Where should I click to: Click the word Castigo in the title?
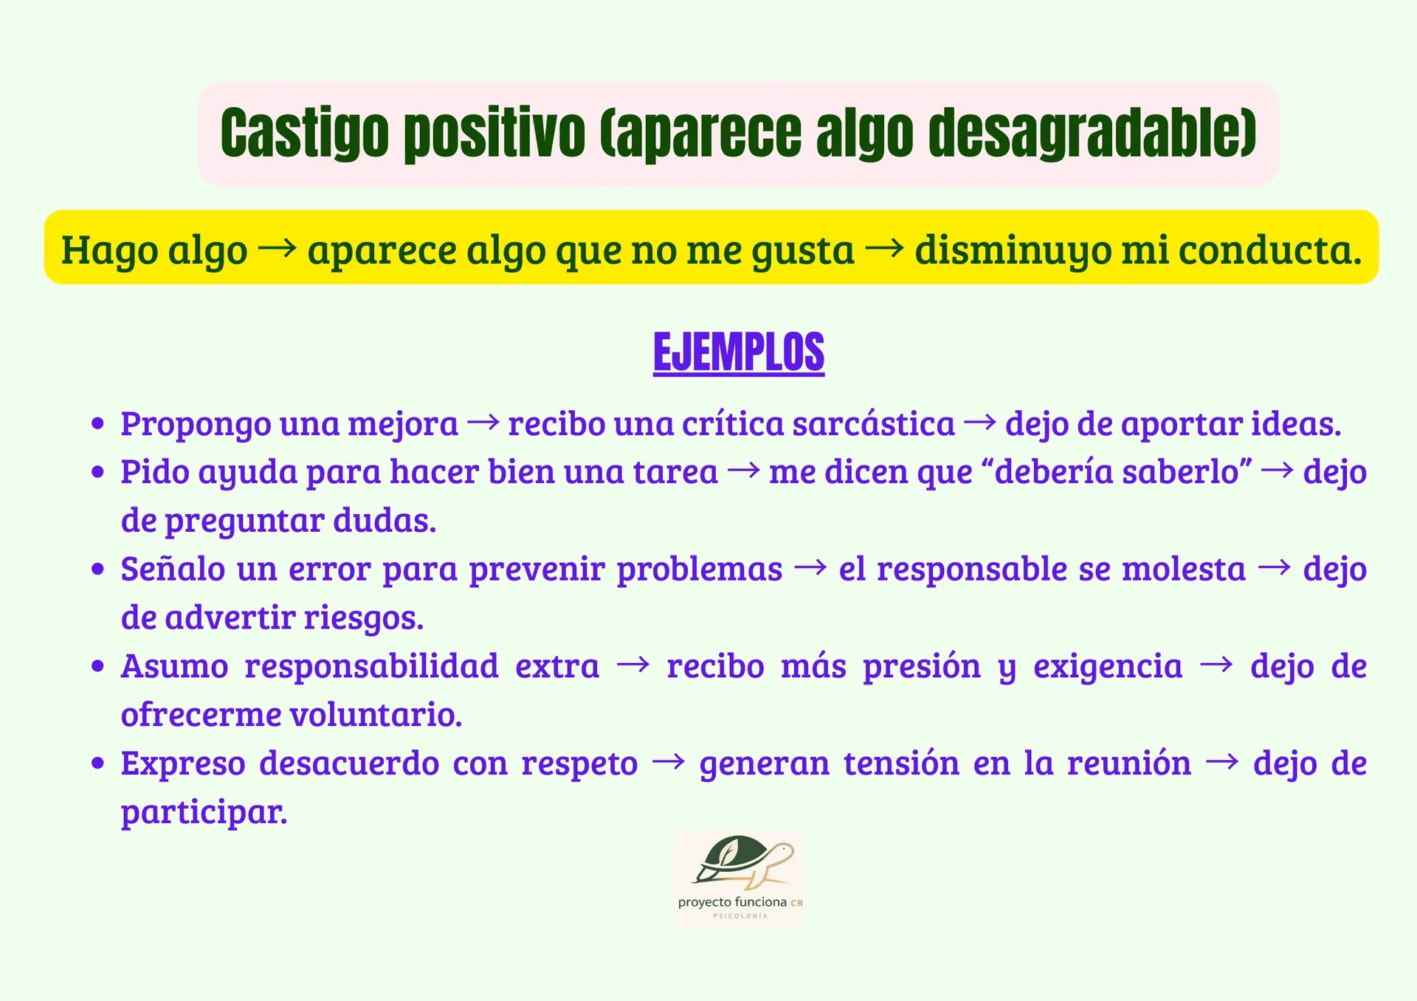pyautogui.click(x=304, y=134)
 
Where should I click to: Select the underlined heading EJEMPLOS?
pyautogui.click(x=738, y=353)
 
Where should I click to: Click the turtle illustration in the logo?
pyautogui.click(x=742, y=862)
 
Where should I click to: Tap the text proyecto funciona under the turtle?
pyautogui.click(x=732, y=902)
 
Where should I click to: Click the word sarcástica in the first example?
pyautogui.click(x=873, y=424)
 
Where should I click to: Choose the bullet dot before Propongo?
pyautogui.click(x=97, y=424)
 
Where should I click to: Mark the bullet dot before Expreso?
pyautogui.click(x=97, y=763)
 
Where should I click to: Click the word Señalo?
pyautogui.click(x=173, y=569)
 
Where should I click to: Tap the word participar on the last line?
pyautogui.click(x=204, y=812)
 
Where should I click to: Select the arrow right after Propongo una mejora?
pyautogui.click(x=483, y=423)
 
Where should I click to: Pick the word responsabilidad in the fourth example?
pyautogui.click(x=371, y=666)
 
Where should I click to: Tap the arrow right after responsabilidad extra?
pyautogui.click(x=633, y=665)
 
